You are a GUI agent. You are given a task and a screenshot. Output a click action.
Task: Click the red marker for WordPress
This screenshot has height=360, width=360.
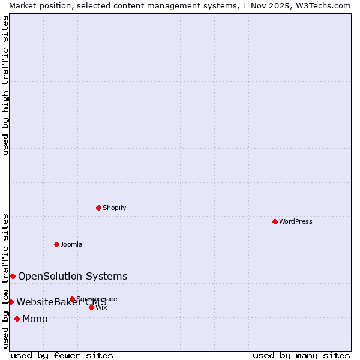click(x=275, y=221)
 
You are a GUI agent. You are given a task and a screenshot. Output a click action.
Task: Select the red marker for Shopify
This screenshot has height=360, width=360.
click(x=98, y=208)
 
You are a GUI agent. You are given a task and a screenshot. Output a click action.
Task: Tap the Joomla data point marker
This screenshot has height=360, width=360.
click(x=56, y=244)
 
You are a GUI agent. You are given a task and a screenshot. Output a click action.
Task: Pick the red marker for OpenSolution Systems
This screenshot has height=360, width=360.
click(x=13, y=276)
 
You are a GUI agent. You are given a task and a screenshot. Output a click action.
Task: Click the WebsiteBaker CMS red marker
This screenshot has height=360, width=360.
click(x=11, y=302)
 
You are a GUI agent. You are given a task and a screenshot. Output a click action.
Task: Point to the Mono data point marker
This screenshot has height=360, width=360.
click(x=17, y=319)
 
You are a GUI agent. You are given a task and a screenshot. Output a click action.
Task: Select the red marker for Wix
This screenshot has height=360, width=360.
click(x=91, y=307)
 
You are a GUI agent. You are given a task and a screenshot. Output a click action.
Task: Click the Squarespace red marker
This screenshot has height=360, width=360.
click(x=72, y=299)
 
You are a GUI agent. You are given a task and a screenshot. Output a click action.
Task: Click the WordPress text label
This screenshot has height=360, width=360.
click(x=295, y=221)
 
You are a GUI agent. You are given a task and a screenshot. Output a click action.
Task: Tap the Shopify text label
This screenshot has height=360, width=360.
click(x=114, y=208)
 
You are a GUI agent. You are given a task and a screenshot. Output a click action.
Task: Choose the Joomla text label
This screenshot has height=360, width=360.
click(x=71, y=244)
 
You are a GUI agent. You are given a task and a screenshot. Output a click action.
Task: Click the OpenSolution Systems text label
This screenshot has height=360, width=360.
click(x=73, y=276)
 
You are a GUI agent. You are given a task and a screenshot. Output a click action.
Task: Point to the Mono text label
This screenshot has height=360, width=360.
click(x=35, y=319)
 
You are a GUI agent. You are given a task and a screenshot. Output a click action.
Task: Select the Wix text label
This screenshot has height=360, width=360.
click(x=101, y=307)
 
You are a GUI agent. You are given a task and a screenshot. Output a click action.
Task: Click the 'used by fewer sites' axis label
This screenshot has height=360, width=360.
click(x=62, y=355)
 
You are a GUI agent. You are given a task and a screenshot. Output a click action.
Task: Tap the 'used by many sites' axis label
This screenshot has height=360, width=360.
click(x=301, y=355)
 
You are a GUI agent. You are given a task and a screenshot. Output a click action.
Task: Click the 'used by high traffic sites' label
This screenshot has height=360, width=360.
click(x=5, y=85)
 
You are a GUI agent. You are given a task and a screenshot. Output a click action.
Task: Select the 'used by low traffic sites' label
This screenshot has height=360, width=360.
click(x=5, y=280)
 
